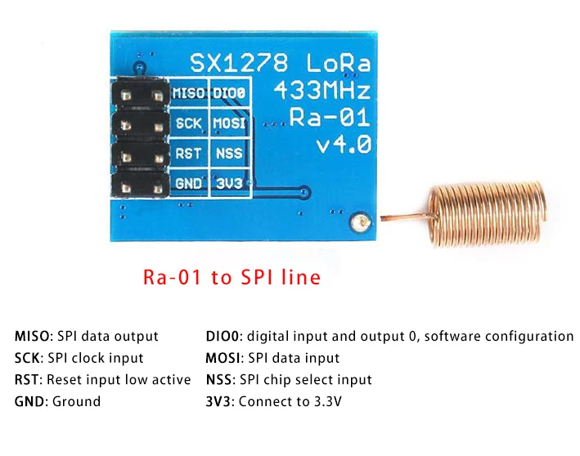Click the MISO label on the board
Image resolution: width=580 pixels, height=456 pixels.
pyautogui.click(x=189, y=93)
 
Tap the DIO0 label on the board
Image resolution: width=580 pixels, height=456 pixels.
pyautogui.click(x=229, y=93)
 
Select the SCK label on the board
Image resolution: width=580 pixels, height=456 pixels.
pyautogui.click(x=189, y=123)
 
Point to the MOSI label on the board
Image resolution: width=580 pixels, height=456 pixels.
pyautogui.click(x=229, y=123)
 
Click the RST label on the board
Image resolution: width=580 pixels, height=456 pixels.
pyautogui.click(x=188, y=153)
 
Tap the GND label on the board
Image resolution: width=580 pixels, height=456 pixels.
pyautogui.click(x=188, y=183)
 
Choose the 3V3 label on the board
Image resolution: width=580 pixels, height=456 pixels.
pyautogui.click(x=227, y=183)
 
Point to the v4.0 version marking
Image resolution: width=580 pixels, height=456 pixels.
pyautogui.click(x=344, y=145)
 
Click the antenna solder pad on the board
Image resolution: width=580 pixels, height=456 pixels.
pyautogui.click(x=357, y=221)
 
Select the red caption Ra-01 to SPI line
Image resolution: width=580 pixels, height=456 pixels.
pyautogui.click(x=232, y=278)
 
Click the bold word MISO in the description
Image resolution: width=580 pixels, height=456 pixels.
pyautogui.click(x=33, y=337)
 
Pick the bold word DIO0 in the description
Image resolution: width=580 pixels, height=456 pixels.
pyautogui.click(x=224, y=337)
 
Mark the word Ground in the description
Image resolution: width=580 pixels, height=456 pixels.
pyautogui.click(x=76, y=401)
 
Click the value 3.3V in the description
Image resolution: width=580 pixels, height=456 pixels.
pyautogui.click(x=325, y=401)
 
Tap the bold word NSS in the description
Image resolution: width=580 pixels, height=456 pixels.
pyautogui.click(x=218, y=380)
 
